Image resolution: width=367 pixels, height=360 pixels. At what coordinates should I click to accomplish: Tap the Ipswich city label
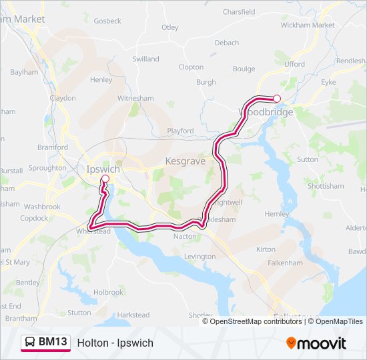(103, 169)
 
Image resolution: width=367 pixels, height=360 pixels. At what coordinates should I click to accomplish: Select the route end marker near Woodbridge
(277, 99)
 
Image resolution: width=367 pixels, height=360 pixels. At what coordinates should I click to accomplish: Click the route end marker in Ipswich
(105, 179)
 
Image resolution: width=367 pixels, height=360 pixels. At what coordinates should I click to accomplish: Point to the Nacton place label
(185, 236)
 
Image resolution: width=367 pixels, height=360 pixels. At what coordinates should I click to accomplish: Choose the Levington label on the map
(199, 257)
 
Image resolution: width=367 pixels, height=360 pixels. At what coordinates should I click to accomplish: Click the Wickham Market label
(308, 25)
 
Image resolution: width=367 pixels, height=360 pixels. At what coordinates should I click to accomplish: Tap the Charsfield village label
(239, 12)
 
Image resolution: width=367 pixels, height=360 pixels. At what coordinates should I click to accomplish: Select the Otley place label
(170, 27)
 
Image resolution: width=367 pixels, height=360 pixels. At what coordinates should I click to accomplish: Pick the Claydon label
(63, 98)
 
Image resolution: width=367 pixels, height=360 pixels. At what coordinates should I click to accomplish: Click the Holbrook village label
(109, 292)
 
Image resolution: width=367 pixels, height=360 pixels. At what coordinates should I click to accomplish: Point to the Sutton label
(308, 160)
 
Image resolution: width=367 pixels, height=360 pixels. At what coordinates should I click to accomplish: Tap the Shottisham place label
(326, 186)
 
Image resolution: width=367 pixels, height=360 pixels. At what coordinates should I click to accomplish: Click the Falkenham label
(286, 263)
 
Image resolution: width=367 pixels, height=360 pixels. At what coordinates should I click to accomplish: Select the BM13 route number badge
(53, 342)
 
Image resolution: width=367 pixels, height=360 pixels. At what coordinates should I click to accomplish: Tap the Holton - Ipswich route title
(115, 343)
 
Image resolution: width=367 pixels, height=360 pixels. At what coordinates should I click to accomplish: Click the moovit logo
(316, 343)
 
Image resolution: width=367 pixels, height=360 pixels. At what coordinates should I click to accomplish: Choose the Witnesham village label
(135, 98)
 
